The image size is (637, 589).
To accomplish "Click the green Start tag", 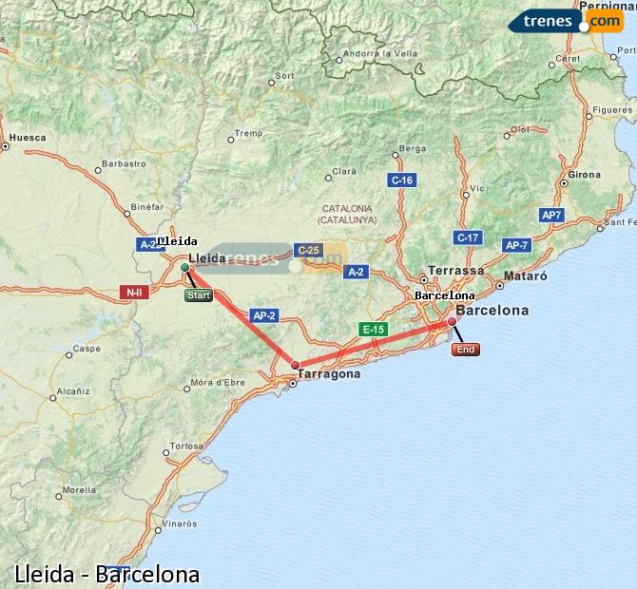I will tap(198, 295).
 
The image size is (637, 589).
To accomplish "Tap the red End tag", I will tap(466, 350).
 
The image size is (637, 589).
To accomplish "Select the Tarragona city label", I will tap(329, 374).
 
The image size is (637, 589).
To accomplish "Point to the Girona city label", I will tap(585, 176).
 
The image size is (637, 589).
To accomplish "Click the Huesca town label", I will tap(28, 138).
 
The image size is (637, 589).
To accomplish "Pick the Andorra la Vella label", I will tap(380, 54).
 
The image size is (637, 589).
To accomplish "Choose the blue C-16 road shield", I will tap(402, 180).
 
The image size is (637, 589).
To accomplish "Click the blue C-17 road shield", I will tap(467, 237).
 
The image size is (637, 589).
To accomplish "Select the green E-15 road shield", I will tap(372, 329).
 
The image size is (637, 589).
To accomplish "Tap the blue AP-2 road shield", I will tap(264, 315).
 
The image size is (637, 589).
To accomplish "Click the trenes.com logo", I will tap(567, 21).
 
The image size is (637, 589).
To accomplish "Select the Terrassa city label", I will tap(456, 271).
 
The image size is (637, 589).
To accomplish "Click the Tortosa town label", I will tap(186, 446).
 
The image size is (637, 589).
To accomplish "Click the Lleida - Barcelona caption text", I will tap(107, 574).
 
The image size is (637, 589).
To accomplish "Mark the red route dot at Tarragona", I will tap(295, 365).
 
